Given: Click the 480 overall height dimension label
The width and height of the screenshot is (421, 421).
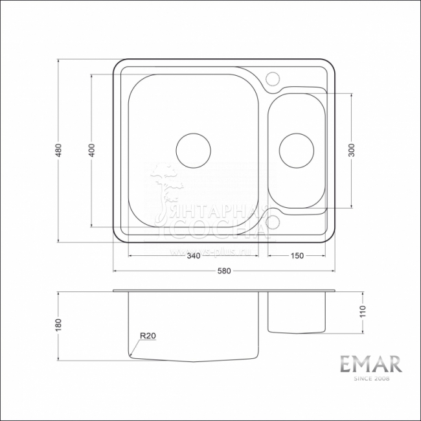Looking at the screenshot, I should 58,151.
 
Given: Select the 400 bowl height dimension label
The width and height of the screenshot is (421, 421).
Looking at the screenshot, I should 92,150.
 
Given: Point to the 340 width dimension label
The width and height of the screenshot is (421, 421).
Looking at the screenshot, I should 192,256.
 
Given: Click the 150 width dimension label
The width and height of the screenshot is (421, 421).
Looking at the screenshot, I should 297,256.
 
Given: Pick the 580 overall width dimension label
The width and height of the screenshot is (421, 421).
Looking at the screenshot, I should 225,271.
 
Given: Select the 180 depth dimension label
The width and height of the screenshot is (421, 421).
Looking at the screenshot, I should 58,324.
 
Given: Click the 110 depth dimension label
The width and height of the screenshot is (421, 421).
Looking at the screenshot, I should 362,312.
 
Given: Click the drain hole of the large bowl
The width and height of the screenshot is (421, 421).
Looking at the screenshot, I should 193,150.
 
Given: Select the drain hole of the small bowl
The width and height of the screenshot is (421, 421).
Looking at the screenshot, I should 295,150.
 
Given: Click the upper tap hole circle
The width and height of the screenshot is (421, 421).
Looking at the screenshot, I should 273,78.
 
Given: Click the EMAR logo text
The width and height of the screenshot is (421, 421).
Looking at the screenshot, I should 372,364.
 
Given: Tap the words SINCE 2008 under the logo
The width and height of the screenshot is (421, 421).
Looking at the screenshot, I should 372,380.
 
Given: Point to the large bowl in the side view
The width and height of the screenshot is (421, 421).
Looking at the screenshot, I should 194,324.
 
